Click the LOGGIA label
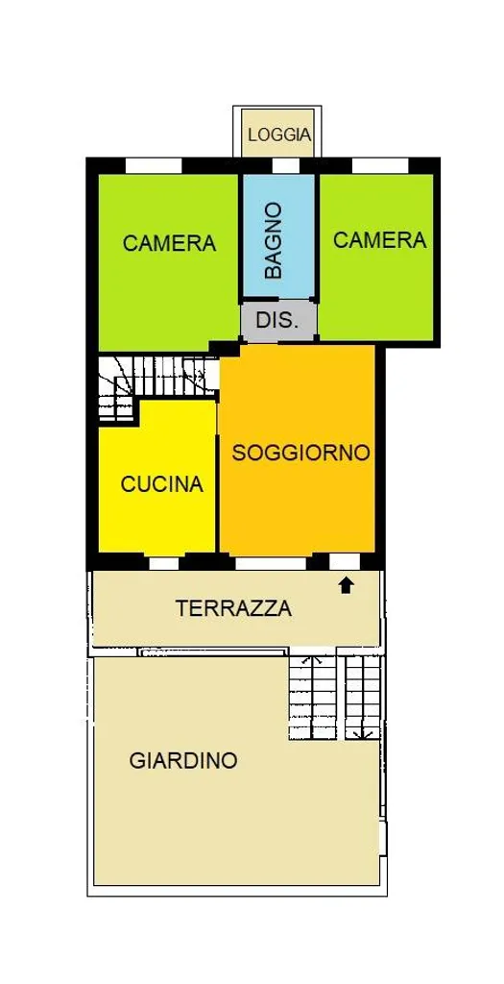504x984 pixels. point(279,135)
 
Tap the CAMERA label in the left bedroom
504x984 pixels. point(169,243)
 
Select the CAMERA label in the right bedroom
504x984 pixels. point(380,239)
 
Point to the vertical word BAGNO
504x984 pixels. point(274,241)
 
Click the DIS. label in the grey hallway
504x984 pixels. point(277,321)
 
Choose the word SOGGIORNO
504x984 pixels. point(300,453)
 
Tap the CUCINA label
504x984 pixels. point(162,484)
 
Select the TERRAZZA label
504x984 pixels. point(234,608)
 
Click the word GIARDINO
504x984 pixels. point(183,761)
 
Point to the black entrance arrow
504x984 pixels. point(346,585)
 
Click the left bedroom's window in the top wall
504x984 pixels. point(154,165)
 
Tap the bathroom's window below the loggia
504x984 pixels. point(286,165)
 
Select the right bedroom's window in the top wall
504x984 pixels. point(380,165)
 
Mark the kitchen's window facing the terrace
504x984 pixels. point(163,563)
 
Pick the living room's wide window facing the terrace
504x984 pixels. point(271,563)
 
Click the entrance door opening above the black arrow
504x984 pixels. point(345,561)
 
